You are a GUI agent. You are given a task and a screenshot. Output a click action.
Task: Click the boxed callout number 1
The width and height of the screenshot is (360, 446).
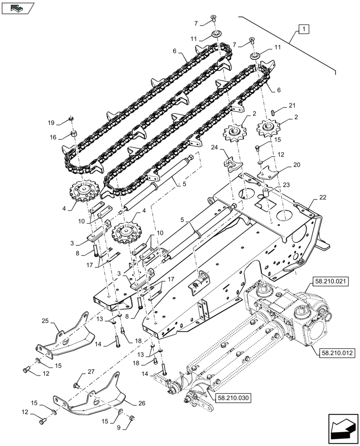303,29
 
